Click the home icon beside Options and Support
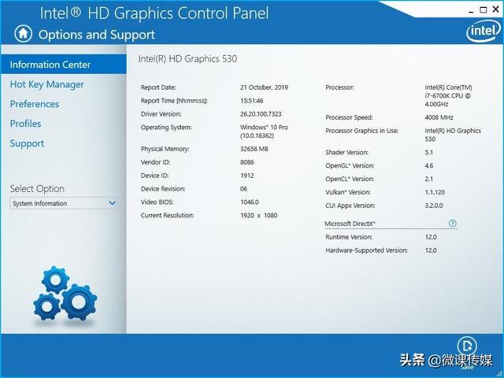point(24,34)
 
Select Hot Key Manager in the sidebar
point(46,84)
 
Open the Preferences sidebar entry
point(34,104)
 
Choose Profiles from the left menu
point(25,124)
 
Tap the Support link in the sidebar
point(27,143)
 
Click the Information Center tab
point(50,65)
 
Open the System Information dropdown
point(64,203)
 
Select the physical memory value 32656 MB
point(254,149)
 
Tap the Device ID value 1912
point(248,176)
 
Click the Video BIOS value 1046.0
point(250,202)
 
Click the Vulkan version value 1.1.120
point(436,192)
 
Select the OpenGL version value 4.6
point(429,165)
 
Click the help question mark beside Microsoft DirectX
point(453,224)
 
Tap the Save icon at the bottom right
point(468,346)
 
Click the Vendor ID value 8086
point(248,162)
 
